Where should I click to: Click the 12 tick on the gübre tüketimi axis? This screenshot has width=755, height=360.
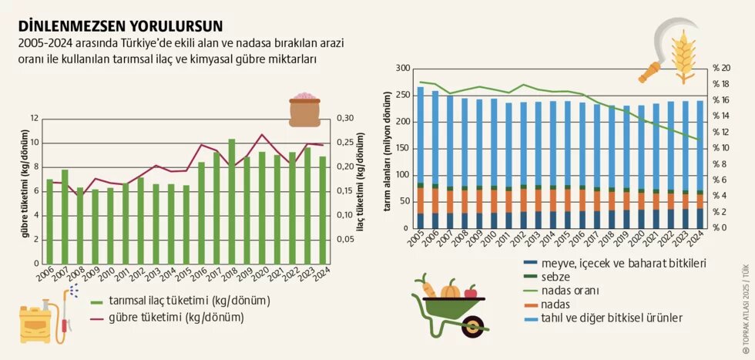34,118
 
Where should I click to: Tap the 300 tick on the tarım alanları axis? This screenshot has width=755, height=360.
401,68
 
